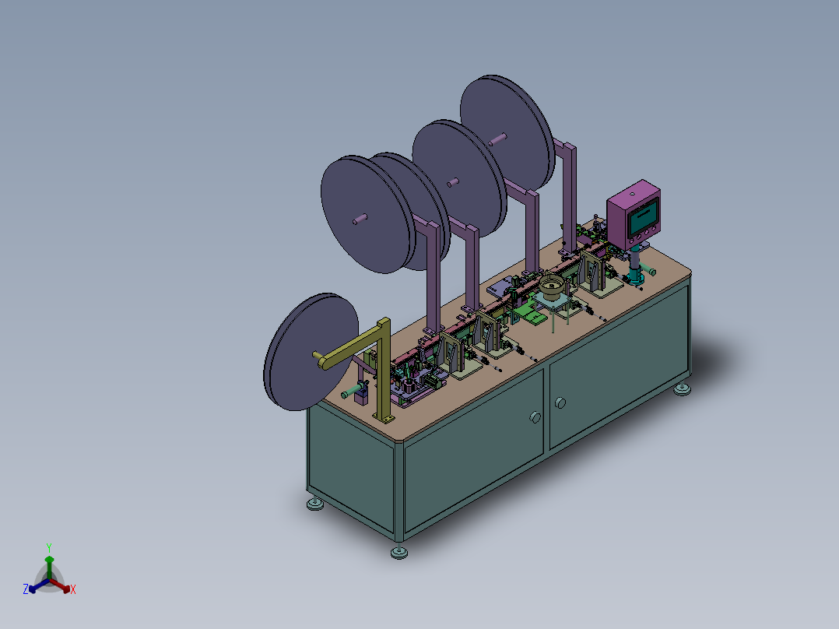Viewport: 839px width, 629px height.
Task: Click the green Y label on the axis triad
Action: pyautogui.click(x=49, y=547)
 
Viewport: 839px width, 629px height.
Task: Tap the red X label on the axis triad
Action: pyautogui.click(x=73, y=589)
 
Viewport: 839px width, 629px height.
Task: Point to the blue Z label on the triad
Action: pyautogui.click(x=25, y=589)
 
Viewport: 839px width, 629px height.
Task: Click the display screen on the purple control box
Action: pyautogui.click(x=643, y=217)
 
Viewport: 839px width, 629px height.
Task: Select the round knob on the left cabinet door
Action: pyautogui.click(x=535, y=417)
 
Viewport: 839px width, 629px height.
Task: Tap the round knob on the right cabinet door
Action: pyautogui.click(x=560, y=402)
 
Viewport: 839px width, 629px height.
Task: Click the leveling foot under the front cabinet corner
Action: pyautogui.click(x=399, y=551)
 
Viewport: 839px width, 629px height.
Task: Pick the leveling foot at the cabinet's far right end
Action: pyautogui.click(x=682, y=388)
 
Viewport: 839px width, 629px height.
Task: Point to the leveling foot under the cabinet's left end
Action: pyautogui.click(x=315, y=504)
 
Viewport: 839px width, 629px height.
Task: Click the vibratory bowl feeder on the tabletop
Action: pyautogui.click(x=553, y=287)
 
